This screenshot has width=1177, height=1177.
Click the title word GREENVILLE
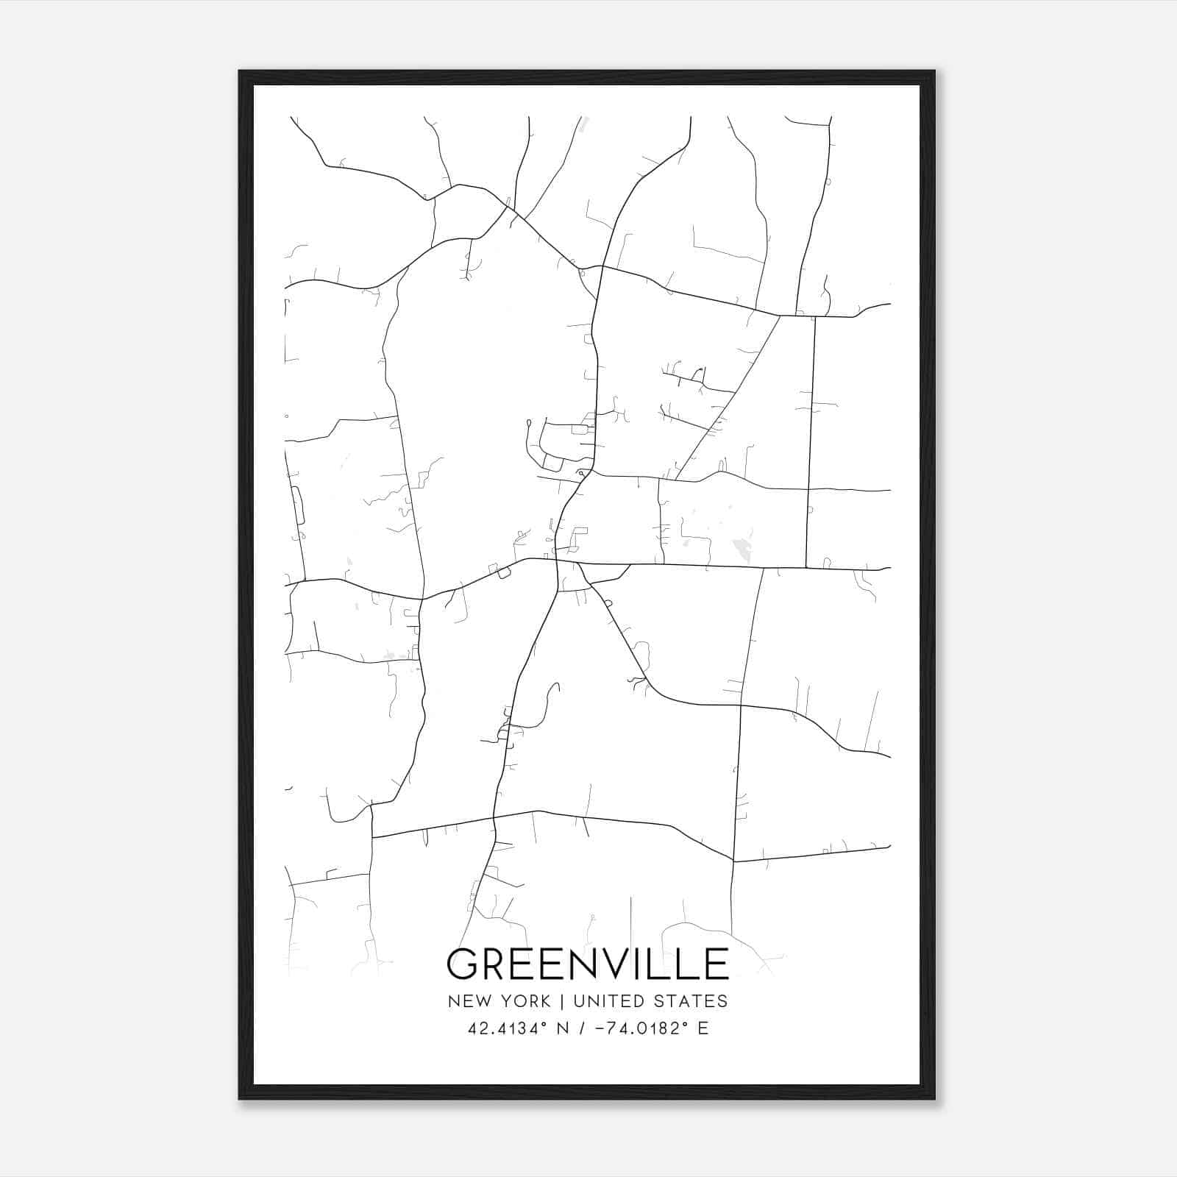(587, 964)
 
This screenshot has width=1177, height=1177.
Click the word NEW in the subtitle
(468, 1001)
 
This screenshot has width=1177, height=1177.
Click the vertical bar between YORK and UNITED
(562, 1001)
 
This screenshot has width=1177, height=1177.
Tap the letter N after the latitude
(563, 1028)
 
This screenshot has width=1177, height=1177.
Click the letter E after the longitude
(703, 1028)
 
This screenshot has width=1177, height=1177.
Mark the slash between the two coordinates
(582, 1028)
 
